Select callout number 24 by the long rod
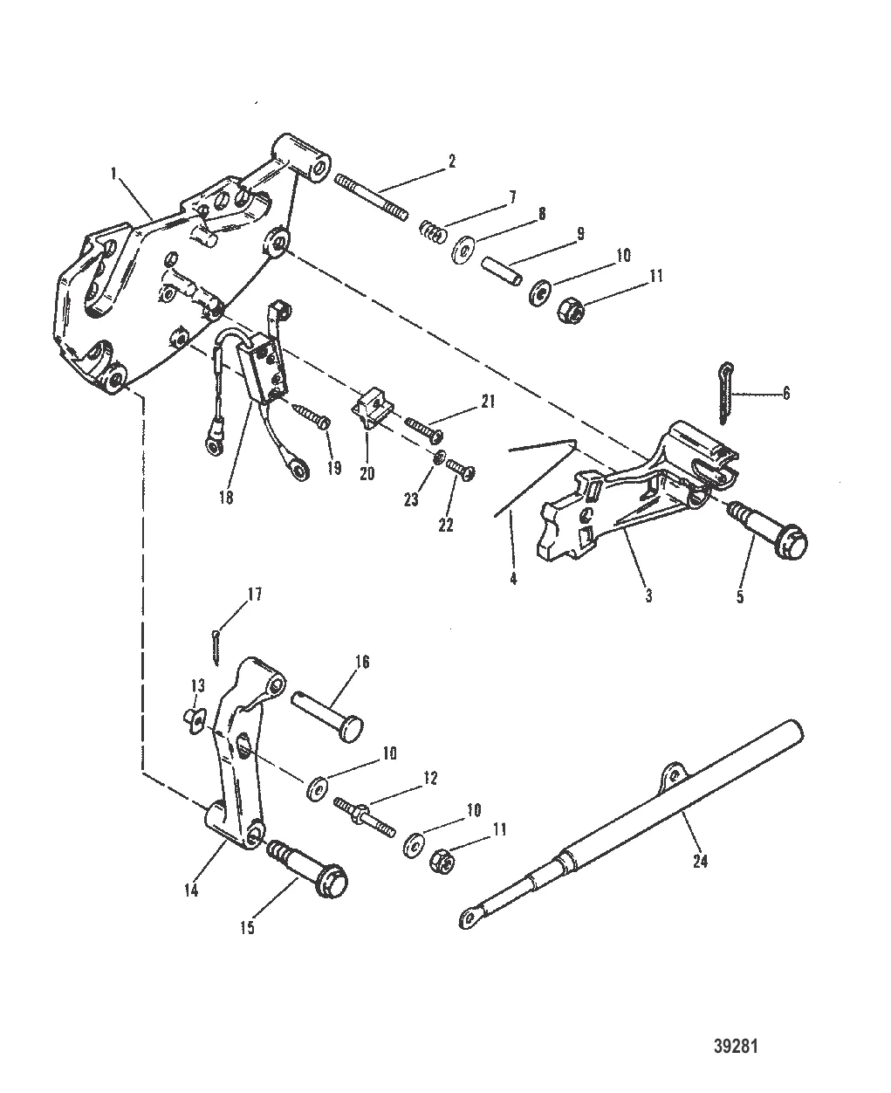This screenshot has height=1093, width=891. (x=700, y=861)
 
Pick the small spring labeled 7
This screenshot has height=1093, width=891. (x=430, y=231)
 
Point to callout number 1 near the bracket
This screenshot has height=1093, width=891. (x=113, y=174)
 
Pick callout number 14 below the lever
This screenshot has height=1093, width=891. (x=191, y=890)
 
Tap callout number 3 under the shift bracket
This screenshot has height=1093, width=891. (x=648, y=596)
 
